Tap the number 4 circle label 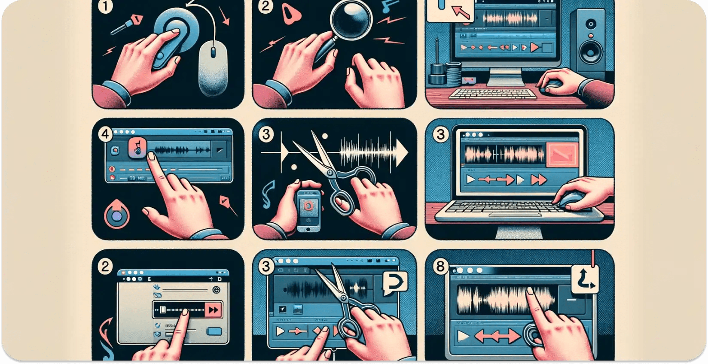pyautogui.click(x=105, y=134)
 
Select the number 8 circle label pyautogui.click(x=440, y=267)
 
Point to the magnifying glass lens pyautogui.click(x=347, y=19)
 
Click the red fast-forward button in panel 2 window pyautogui.click(x=213, y=309)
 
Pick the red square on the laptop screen pyautogui.click(x=563, y=155)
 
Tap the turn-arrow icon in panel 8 pyautogui.click(x=585, y=279)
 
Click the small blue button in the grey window pyautogui.click(x=214, y=331)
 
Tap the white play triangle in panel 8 pyautogui.click(x=463, y=336)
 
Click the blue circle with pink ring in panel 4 pyautogui.click(x=116, y=216)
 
